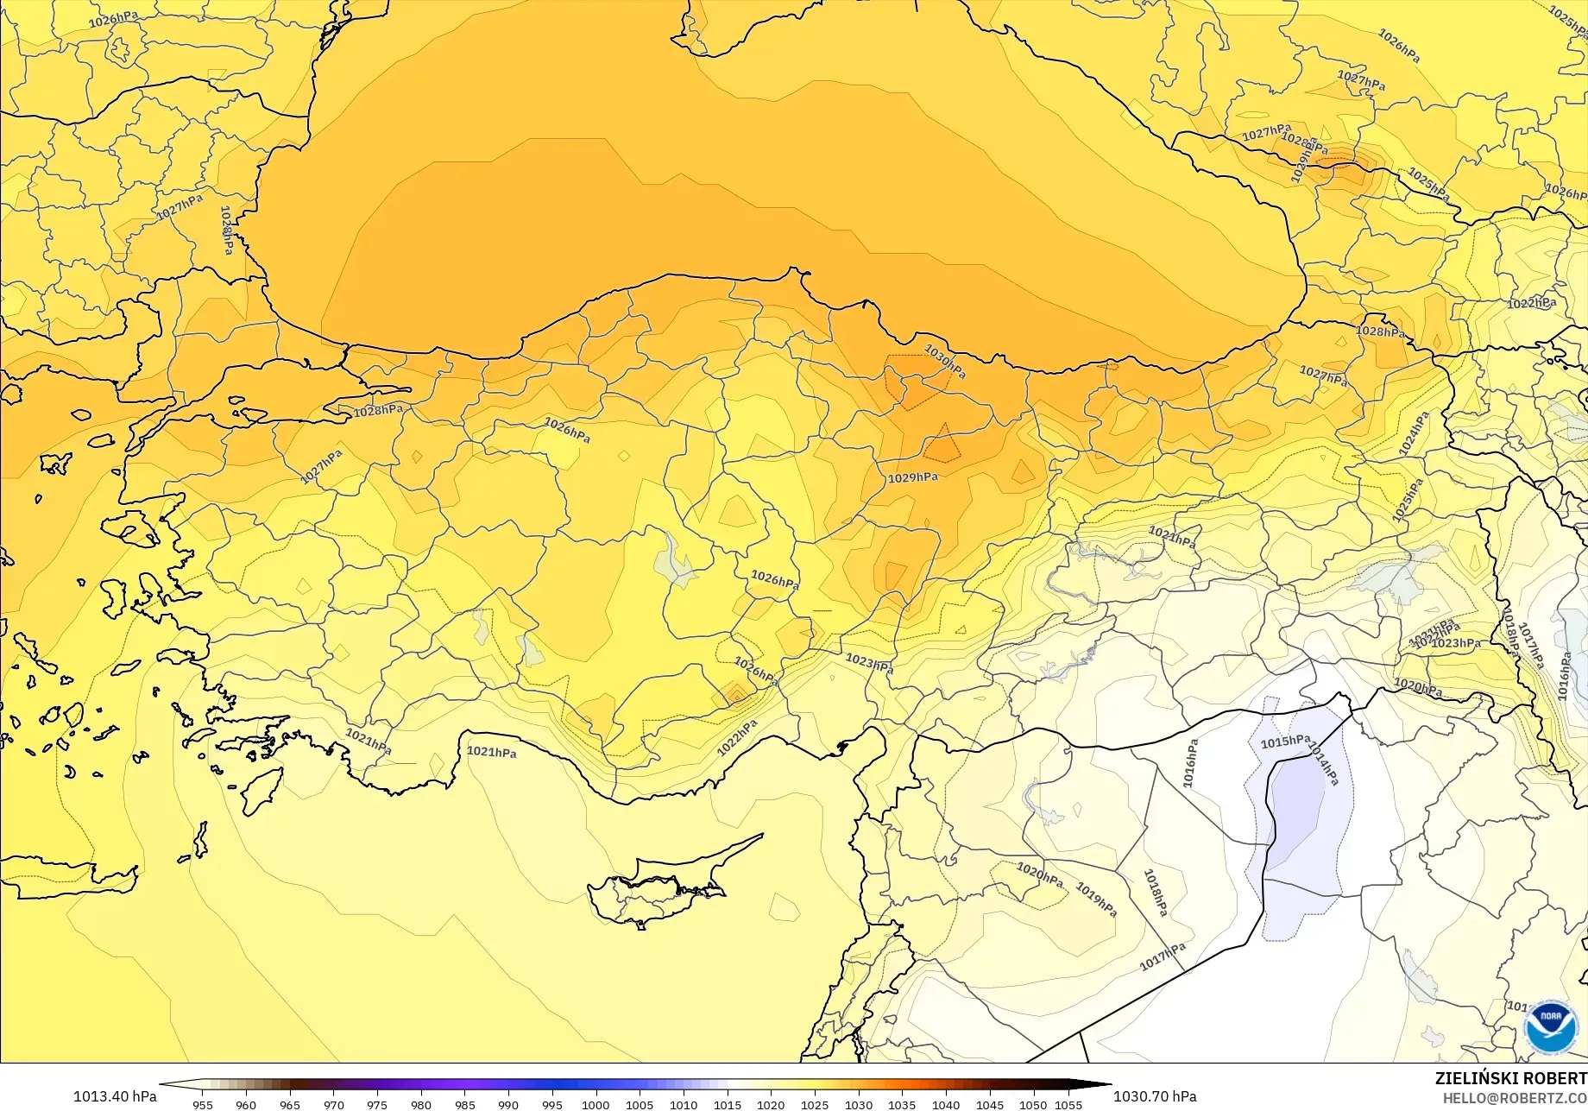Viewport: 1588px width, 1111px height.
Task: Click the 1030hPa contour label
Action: pyautogui.click(x=945, y=361)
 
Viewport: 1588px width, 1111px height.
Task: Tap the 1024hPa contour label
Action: pyautogui.click(x=1414, y=433)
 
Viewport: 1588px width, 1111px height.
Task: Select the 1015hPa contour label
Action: pyautogui.click(x=1285, y=742)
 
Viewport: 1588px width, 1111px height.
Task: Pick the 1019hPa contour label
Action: pyautogui.click(x=1097, y=900)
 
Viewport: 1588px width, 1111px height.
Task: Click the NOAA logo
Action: pyautogui.click(x=1551, y=1026)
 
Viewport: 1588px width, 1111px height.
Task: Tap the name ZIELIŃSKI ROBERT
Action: pyautogui.click(x=1510, y=1078)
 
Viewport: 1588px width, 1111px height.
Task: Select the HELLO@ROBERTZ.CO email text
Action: pyautogui.click(x=1515, y=1096)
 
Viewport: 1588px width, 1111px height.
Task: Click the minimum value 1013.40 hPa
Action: pyautogui.click(x=115, y=1096)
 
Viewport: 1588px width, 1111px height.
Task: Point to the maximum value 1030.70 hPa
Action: pyautogui.click(x=1155, y=1096)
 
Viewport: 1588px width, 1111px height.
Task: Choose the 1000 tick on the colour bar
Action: pyautogui.click(x=595, y=1104)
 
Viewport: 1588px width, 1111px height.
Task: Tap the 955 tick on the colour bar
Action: pyautogui.click(x=203, y=1104)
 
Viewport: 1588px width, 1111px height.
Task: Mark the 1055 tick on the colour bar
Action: pyautogui.click(x=1068, y=1104)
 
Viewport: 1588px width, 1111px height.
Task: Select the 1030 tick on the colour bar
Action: pyautogui.click(x=858, y=1104)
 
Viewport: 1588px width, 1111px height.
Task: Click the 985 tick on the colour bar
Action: pyautogui.click(x=464, y=1104)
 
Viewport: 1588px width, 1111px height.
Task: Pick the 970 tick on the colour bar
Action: pyautogui.click(x=333, y=1104)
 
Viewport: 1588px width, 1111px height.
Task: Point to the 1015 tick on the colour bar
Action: pyautogui.click(x=727, y=1104)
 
